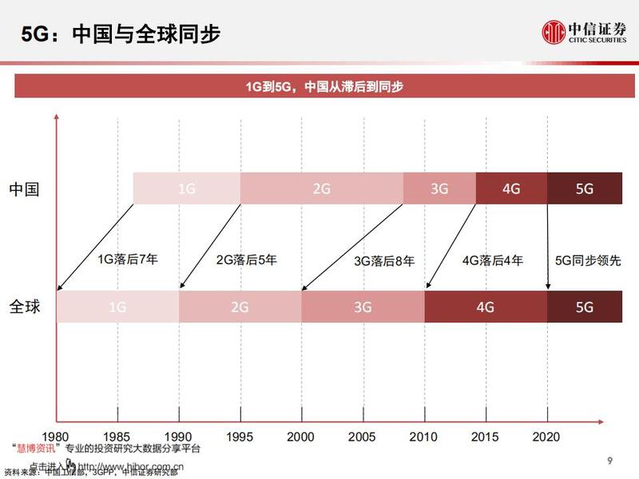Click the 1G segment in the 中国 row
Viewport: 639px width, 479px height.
[x=186, y=189]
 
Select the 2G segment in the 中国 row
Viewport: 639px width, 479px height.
[x=321, y=189]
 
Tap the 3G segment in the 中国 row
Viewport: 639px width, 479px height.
[x=439, y=189]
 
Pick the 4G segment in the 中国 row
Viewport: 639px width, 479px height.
[x=511, y=189]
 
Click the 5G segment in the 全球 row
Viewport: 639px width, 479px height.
[x=584, y=307]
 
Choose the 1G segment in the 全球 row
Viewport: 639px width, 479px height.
[x=117, y=307]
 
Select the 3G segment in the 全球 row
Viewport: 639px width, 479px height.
[x=363, y=307]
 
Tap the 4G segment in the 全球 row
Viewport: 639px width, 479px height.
[x=486, y=307]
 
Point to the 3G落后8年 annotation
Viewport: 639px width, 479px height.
[x=384, y=260]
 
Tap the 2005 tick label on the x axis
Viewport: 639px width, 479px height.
[x=363, y=437]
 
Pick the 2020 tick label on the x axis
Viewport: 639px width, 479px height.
[x=548, y=437]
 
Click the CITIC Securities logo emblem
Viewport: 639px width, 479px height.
[x=554, y=33]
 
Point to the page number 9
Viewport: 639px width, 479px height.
[x=609, y=461]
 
